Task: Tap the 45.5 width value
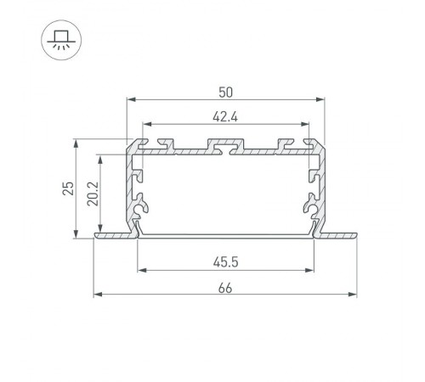tap(225, 261)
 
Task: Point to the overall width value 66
tap(225, 286)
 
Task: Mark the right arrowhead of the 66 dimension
tap(352, 295)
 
